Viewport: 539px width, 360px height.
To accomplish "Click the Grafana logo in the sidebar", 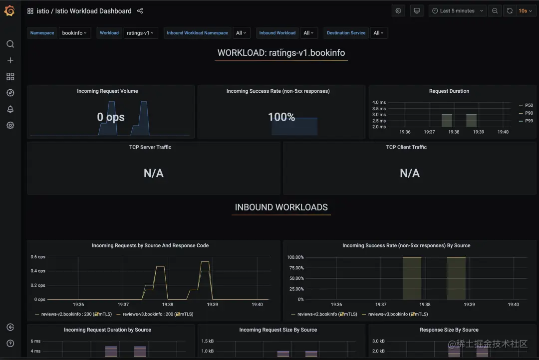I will (9, 11).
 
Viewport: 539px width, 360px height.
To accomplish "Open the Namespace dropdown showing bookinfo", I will (74, 33).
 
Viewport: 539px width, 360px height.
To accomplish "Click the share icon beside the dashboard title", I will (140, 11).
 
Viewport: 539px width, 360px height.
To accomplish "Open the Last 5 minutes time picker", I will (458, 11).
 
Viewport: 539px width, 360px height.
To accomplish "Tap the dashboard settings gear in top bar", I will (398, 11).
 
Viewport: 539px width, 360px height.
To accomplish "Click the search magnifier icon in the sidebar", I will (10, 44).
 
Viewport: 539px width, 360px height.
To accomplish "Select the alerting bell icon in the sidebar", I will (10, 109).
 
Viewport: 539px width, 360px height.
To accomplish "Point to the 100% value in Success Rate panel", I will (281, 117).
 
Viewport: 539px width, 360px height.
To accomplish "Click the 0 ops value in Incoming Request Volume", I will (111, 117).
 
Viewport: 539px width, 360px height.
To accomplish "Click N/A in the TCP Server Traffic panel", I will (153, 173).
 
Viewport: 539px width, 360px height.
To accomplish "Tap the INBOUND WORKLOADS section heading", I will (281, 207).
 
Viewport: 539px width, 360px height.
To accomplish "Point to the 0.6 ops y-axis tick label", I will (38, 257).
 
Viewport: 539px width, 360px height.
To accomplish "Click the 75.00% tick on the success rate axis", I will (295, 268).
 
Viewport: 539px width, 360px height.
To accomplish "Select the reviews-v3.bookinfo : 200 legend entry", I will (155, 314).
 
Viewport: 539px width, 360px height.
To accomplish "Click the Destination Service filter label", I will (346, 33).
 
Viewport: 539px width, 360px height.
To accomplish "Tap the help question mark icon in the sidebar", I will (10, 344).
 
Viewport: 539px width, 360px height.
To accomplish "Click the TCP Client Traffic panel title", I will (406, 147).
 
